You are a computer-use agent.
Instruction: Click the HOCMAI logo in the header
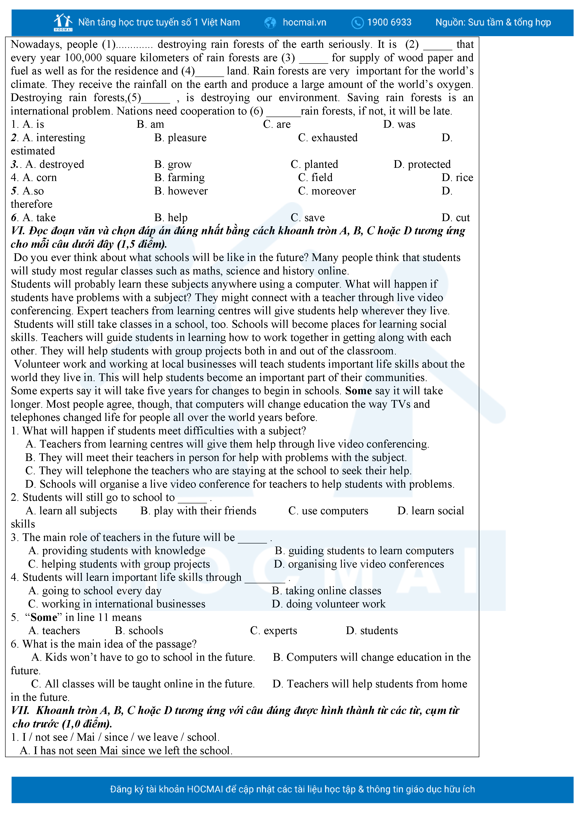[63, 22]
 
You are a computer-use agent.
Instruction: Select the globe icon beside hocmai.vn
[270, 23]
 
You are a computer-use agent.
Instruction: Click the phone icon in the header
[357, 23]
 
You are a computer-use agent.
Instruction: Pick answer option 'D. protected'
[422, 164]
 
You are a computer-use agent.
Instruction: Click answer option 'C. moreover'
[327, 191]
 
